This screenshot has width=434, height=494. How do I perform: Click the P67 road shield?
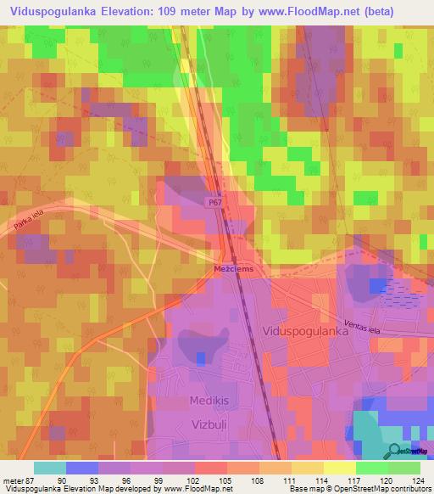[x=217, y=202]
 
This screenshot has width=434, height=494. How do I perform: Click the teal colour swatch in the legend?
[x=50, y=468]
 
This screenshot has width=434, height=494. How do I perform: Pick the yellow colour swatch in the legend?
[x=339, y=468]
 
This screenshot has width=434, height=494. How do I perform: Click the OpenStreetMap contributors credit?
[x=381, y=489]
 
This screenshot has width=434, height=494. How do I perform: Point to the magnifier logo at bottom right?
[x=394, y=451]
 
